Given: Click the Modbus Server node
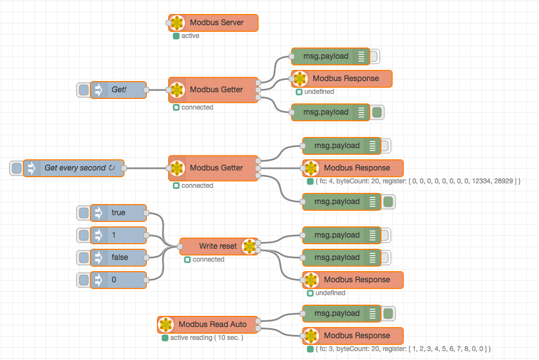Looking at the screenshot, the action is click(x=213, y=23).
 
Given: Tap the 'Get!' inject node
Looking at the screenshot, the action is click(x=118, y=90).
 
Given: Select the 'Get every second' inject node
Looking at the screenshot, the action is click(x=74, y=168).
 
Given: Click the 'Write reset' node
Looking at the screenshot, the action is click(x=218, y=246).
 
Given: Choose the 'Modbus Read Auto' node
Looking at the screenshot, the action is click(x=208, y=325).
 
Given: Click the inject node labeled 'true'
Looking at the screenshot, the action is click(x=118, y=212).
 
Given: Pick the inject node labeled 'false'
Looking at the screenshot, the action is click(x=118, y=258).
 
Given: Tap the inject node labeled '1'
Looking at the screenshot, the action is click(x=118, y=235).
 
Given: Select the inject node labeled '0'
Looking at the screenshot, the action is click(x=118, y=280).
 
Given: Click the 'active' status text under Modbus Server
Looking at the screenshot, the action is click(x=190, y=36).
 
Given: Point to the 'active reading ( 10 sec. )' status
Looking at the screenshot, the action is click(x=207, y=338).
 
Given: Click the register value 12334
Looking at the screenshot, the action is click(x=481, y=181).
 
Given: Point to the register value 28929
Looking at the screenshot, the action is click(x=504, y=181).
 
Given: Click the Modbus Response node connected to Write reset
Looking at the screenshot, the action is click(x=352, y=280).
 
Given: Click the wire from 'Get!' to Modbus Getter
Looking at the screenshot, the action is click(x=158, y=90).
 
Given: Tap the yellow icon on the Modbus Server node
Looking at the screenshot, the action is click(x=177, y=23).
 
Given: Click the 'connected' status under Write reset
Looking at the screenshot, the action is click(x=208, y=259).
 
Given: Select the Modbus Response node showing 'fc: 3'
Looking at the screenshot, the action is click(x=352, y=336).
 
